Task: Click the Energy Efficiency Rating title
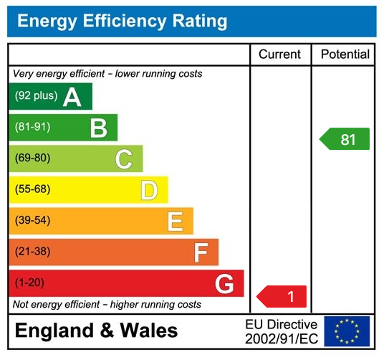[122, 21]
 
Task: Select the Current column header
[279, 55]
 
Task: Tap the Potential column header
[345, 55]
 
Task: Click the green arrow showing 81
[345, 139]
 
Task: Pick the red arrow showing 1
[282, 296]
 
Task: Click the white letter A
[72, 97]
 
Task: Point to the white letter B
[98, 128]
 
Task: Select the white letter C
[124, 159]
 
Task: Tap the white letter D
[148, 191]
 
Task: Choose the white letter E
[175, 222]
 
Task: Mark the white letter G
[224, 285]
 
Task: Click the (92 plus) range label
[36, 96]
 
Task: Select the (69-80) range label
[32, 158]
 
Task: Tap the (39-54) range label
[32, 221]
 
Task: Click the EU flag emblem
[347, 331]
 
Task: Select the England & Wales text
[96, 331]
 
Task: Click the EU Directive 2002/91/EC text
[281, 331]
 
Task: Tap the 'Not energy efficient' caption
[107, 305]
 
